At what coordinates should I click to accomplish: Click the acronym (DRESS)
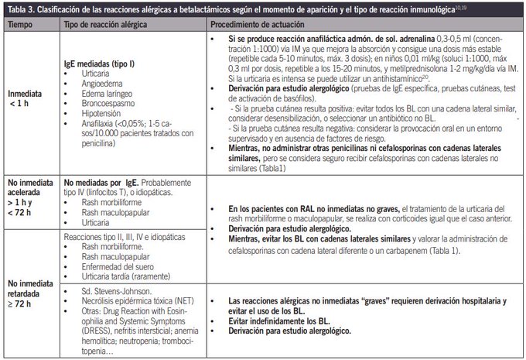tap(96, 329)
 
